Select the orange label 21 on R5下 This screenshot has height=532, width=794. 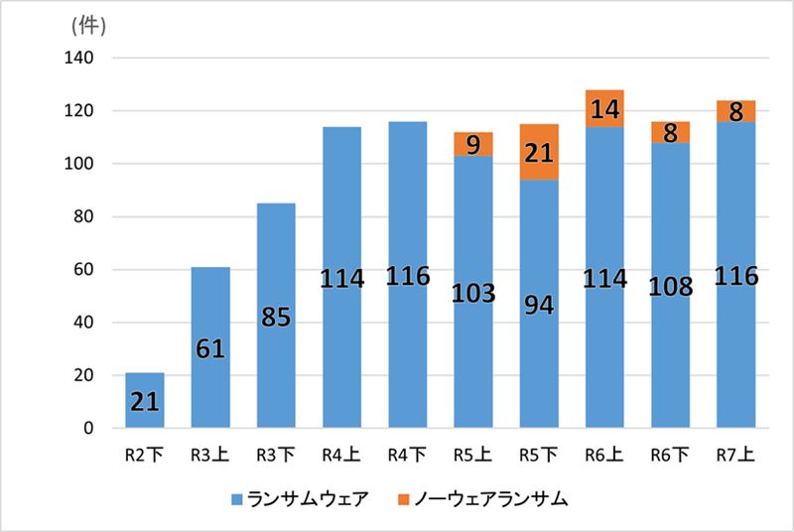click(538, 153)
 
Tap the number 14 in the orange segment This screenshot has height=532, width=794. click(603, 108)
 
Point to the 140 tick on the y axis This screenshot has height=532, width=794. click(79, 59)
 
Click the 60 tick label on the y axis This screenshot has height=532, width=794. click(84, 270)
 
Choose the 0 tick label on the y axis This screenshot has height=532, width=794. click(89, 429)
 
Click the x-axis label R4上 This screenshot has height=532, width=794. click(341, 456)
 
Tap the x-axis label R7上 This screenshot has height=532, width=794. click(735, 456)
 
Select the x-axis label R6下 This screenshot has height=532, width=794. click(670, 456)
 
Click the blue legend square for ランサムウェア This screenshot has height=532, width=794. click(236, 500)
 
